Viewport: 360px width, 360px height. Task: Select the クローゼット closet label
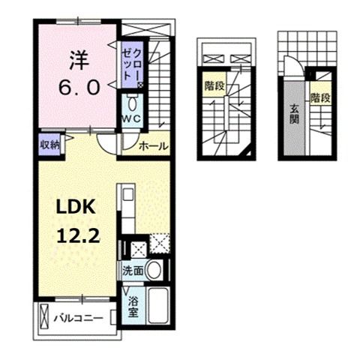[133, 64]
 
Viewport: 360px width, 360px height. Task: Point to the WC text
[133, 119]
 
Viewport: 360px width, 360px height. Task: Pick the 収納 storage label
[50, 145]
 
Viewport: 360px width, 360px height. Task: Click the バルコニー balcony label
[77, 318]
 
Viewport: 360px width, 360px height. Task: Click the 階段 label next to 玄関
[321, 99]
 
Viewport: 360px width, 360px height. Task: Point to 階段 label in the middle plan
[214, 87]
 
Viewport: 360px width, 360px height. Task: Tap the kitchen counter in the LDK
[125, 217]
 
